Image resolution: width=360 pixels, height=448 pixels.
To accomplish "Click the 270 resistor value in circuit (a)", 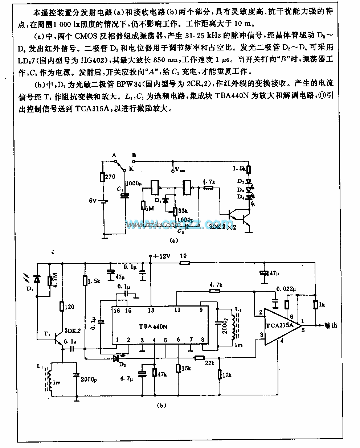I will pos(110,177).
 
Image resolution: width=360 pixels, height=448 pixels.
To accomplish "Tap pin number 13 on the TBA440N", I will pos(151,310).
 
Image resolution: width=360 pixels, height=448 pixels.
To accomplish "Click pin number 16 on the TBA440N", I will pos(116,310).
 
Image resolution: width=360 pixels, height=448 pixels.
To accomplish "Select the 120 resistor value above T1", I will pos(69,307).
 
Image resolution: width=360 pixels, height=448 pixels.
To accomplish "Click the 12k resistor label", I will pos(226,375).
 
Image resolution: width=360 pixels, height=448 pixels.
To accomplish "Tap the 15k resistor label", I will pos(186,369).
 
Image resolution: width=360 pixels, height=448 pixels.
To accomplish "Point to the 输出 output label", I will pos(330,325).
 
